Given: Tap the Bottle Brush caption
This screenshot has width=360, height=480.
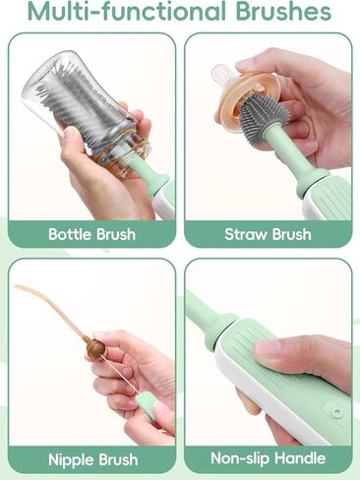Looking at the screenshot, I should click(91, 234).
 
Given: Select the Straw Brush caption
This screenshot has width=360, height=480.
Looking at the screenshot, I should click(268, 234).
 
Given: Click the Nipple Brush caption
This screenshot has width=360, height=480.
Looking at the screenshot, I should click(91, 458).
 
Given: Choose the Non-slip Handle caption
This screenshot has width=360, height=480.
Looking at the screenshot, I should click(268, 458).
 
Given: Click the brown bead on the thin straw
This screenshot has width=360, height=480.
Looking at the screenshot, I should click(95, 348).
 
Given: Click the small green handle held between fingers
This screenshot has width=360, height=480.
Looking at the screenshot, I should click(147, 403).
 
